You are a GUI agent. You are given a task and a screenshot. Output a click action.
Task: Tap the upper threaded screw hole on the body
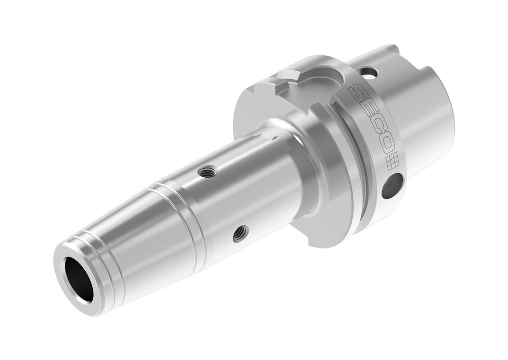point(206,172)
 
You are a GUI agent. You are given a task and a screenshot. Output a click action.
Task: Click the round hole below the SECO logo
point(392,186)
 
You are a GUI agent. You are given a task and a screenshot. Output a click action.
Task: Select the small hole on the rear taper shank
point(369,73)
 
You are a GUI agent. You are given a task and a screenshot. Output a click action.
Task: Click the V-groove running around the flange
point(355,164)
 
